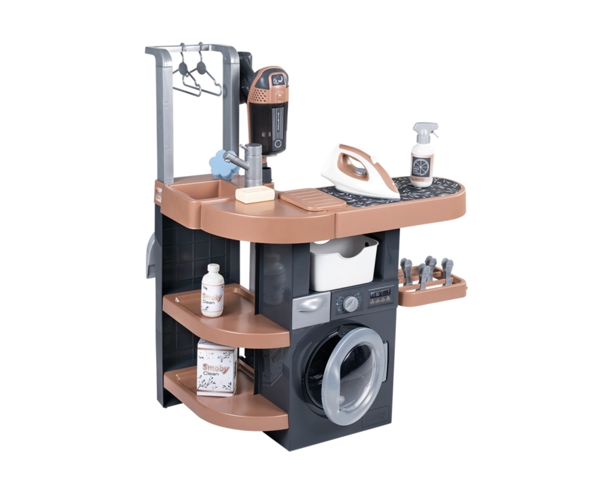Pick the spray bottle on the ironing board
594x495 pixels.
click(x=422, y=157)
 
